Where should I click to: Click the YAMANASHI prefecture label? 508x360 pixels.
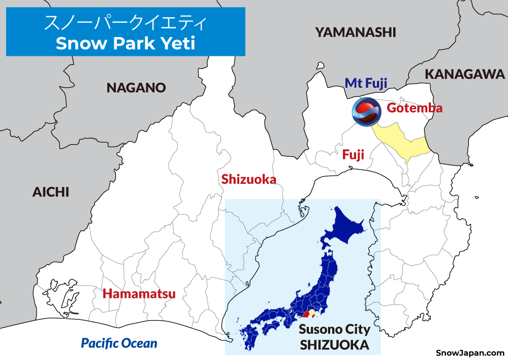click(355, 32)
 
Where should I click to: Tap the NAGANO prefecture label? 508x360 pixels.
click(136, 88)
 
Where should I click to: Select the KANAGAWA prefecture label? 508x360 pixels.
click(465, 74)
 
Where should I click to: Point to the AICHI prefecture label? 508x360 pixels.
click(50, 192)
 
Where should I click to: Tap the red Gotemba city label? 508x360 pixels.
click(415, 108)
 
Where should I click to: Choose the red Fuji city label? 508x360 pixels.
click(353, 155)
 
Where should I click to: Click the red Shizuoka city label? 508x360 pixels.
click(249, 179)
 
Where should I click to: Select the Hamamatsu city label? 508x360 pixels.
click(139, 293)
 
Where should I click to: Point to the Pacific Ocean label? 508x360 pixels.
click(119, 343)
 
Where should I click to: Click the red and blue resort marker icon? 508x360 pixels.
click(367, 112)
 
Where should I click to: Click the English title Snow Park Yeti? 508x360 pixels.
click(125, 43)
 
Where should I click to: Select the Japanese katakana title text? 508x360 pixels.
click(125, 23)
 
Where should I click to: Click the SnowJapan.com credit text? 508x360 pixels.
click(470, 352)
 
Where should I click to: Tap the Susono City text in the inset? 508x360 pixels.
click(334, 330)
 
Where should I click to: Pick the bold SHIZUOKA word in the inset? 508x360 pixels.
click(334, 345)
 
